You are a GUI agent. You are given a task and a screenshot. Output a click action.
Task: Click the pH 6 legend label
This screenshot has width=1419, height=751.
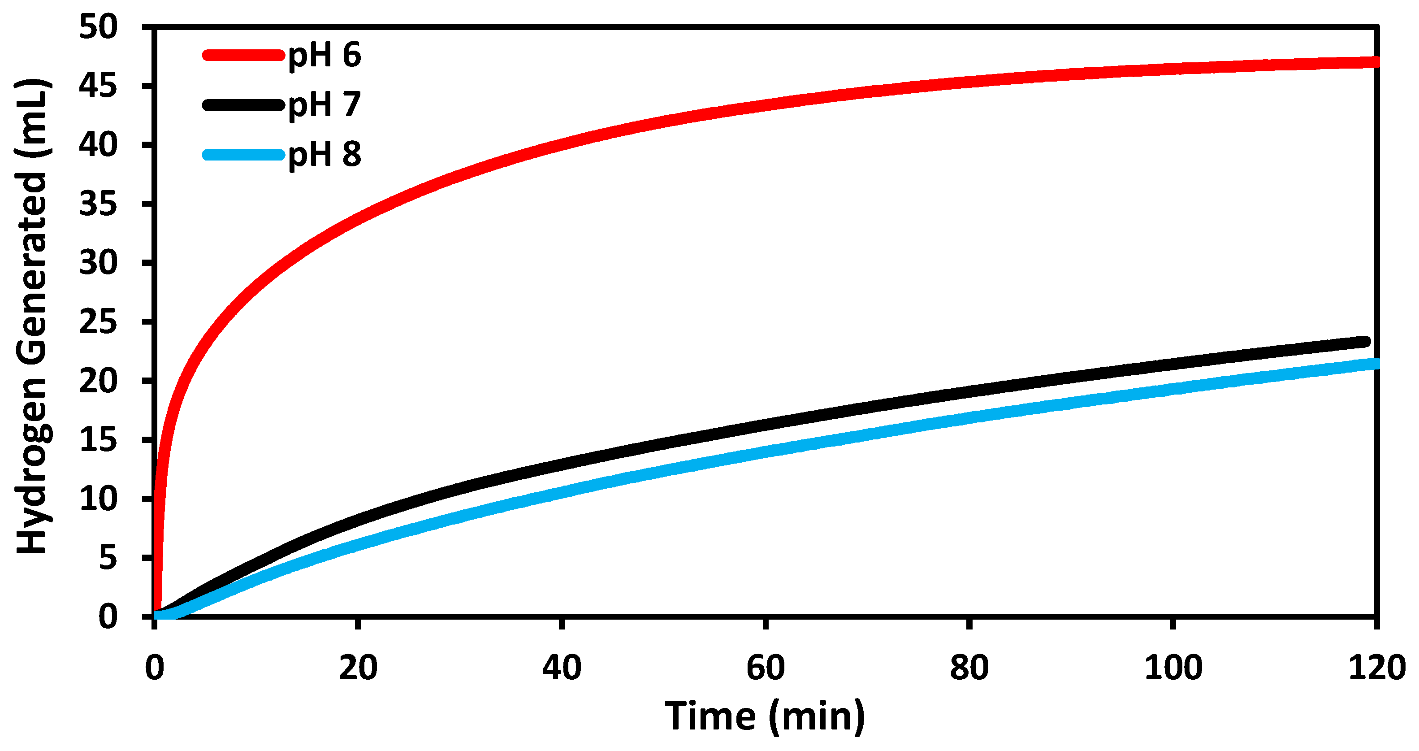click(324, 56)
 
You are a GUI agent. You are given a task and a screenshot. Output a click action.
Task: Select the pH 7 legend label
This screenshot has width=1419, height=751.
click(324, 104)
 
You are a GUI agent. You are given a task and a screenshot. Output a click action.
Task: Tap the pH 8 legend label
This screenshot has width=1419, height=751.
click(324, 154)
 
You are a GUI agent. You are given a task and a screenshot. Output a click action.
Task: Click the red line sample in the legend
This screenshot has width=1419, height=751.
click(243, 55)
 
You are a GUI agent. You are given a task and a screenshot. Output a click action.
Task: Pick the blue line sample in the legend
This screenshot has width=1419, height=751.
click(243, 154)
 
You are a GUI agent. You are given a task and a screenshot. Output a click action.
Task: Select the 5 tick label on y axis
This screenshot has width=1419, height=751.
click(108, 558)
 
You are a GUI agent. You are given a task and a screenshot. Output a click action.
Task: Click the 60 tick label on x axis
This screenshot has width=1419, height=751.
click(765, 668)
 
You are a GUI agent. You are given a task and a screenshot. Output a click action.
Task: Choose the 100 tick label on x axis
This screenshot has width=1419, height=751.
click(1173, 668)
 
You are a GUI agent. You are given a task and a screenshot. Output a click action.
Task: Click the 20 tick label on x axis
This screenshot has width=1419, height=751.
click(358, 668)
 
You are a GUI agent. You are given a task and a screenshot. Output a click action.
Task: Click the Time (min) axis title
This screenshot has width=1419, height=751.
click(765, 717)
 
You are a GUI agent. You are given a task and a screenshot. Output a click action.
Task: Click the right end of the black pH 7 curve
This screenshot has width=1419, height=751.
click(1365, 342)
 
